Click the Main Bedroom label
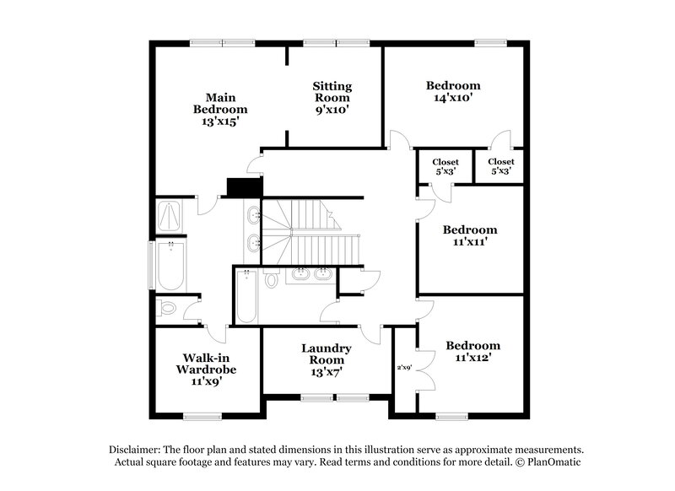pos(220,109)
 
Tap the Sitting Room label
pos(332,98)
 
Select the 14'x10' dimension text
pos(453,98)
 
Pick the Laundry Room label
pos(327,359)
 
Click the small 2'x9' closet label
pos(405,368)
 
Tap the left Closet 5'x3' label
pos(445,166)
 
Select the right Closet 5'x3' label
pos(500,166)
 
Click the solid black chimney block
pos(245,186)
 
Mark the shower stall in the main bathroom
pos(169,217)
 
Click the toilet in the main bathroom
pos(167,309)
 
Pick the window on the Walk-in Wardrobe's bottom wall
pos(202,414)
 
